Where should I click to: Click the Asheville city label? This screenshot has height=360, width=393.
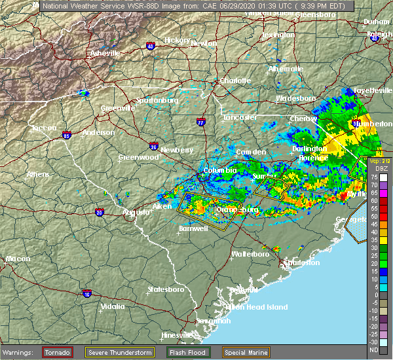[x=105, y=53]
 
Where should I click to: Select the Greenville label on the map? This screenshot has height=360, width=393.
[x=117, y=109]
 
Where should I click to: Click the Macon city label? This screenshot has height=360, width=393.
[x=18, y=259]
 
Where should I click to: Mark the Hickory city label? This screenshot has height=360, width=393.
[x=177, y=40]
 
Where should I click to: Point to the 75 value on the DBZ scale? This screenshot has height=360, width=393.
[x=374, y=177]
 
